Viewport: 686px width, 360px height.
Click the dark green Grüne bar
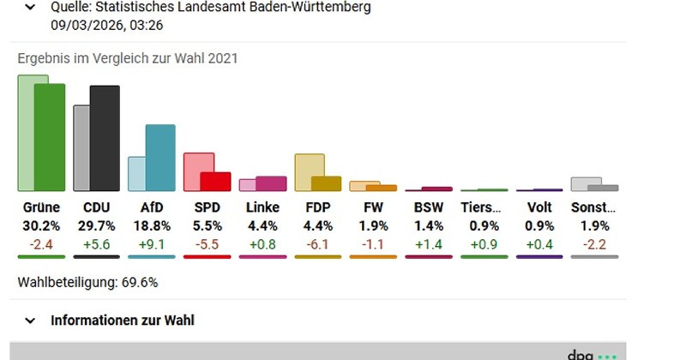tap(50, 137)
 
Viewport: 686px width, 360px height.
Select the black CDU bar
tap(105, 138)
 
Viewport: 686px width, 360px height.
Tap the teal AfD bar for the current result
tap(160, 158)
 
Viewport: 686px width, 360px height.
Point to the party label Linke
tap(262, 207)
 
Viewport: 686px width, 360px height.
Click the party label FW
tap(373, 207)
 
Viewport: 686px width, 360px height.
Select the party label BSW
tap(429, 207)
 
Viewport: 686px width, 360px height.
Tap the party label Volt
tap(539, 207)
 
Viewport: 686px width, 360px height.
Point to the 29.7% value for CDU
tap(96, 226)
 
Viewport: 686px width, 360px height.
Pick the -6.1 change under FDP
tap(317, 244)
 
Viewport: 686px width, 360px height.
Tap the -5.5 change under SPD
tap(207, 244)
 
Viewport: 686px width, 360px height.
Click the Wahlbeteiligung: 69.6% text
tap(87, 282)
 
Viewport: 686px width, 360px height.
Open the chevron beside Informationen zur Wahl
tap(30, 321)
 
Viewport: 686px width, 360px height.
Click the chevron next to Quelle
tap(30, 8)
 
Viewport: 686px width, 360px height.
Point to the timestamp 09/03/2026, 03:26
tap(107, 25)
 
